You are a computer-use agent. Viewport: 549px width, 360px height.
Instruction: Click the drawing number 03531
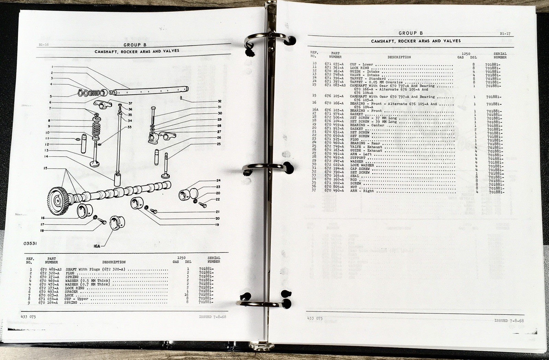(x=30, y=243)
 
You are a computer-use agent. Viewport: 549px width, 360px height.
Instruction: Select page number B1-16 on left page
(x=44, y=45)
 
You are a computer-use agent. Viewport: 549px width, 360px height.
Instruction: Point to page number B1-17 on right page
(x=505, y=34)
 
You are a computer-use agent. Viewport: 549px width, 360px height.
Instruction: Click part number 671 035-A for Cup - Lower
(x=334, y=64)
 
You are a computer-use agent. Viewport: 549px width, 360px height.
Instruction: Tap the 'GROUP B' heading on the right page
(x=411, y=33)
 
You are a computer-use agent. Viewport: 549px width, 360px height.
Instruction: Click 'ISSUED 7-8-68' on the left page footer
(x=212, y=316)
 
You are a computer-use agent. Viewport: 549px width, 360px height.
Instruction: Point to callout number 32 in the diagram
(x=219, y=101)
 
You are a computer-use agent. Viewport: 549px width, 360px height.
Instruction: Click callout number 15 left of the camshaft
(x=45, y=168)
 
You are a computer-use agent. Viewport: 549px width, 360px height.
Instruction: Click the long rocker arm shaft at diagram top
(x=151, y=91)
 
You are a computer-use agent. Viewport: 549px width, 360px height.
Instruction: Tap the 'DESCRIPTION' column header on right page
(x=399, y=57)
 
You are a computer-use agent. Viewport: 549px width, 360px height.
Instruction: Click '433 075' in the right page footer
(x=315, y=318)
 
